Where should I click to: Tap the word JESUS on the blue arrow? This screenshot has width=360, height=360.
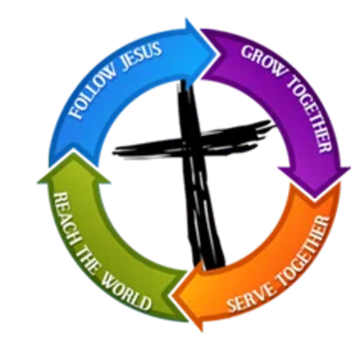click(141, 54)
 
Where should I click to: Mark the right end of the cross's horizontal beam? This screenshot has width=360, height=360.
click(274, 123)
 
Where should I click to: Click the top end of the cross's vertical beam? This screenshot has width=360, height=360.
click(184, 82)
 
